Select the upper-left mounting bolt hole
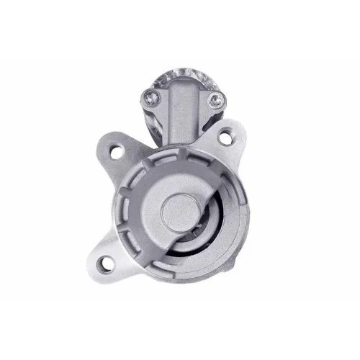coord(117,151)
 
